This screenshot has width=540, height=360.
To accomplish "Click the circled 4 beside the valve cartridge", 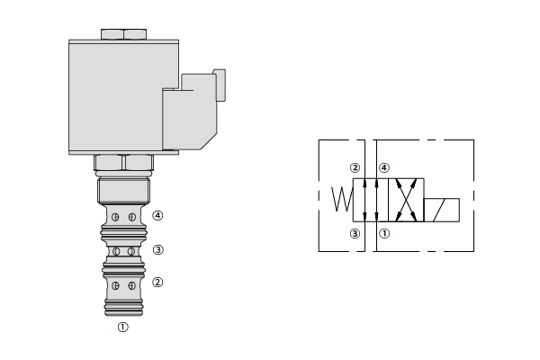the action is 157,216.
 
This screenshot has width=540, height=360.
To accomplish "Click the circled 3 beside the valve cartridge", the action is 157,250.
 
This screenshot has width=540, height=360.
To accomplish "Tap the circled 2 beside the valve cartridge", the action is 157,283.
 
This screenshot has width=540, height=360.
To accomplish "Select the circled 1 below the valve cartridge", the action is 123,327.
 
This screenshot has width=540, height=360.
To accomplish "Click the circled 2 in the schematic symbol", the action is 355,168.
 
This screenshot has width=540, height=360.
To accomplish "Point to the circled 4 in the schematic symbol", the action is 384,168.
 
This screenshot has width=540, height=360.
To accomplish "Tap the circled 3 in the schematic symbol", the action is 355,234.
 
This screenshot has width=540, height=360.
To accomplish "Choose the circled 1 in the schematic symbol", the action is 384,234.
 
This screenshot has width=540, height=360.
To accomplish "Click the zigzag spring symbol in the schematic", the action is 342,199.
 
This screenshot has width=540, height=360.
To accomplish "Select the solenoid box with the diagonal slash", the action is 442,210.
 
